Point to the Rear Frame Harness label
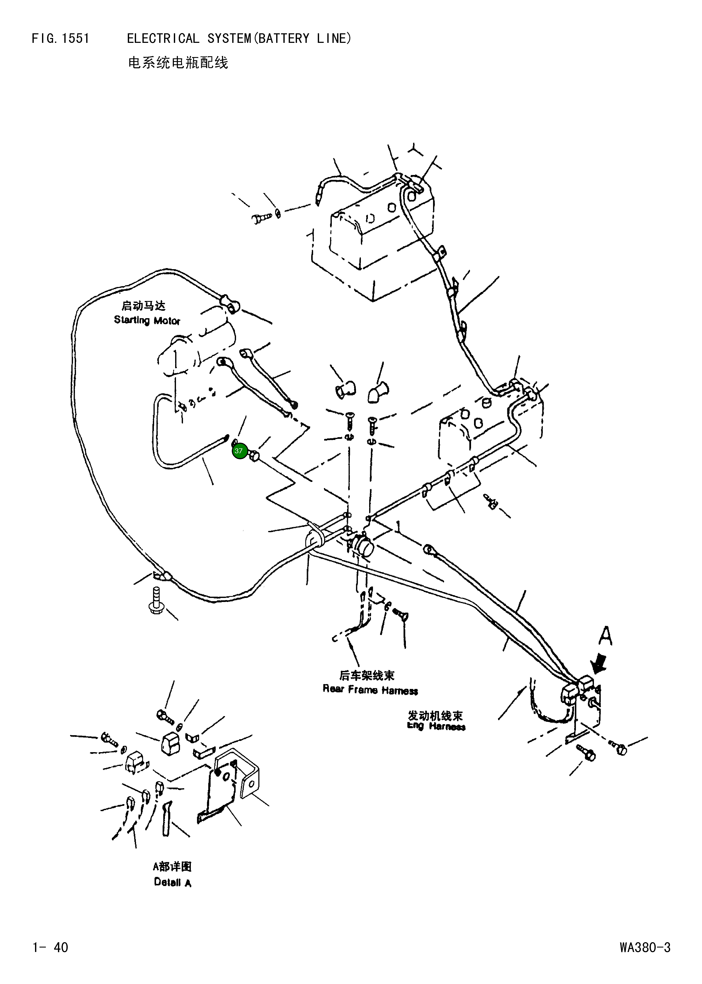click(370, 690)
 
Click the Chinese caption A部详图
click(172, 866)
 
